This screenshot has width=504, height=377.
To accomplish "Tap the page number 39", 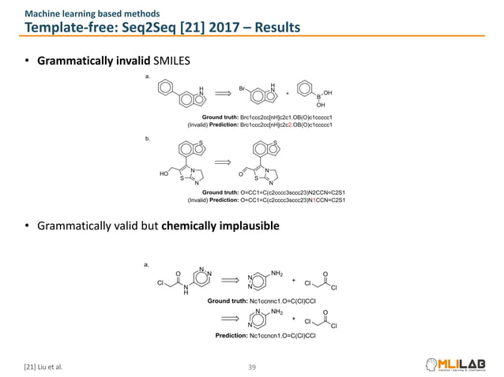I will coord(253,366).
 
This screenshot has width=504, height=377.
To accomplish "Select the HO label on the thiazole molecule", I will coord(163,173).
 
